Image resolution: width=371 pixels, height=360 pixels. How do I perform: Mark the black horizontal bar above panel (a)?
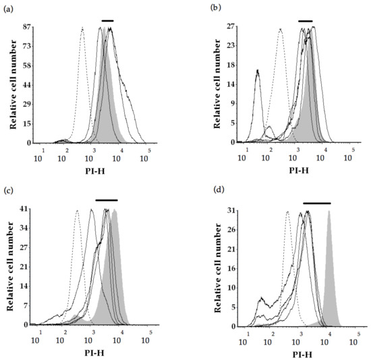click(107, 21)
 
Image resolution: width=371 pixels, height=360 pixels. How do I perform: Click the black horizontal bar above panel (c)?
click(106, 200)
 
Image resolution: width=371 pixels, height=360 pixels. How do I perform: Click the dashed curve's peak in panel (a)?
click(82, 28)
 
